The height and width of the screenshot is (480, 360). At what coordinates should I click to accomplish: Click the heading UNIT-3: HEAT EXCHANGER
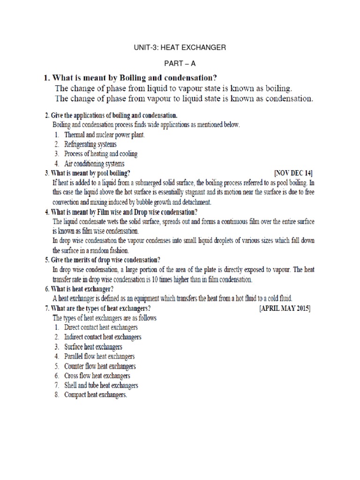tap(180, 47)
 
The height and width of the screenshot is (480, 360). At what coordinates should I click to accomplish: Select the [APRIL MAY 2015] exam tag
tap(285, 308)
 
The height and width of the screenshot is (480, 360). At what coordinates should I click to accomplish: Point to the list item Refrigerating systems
tap(90, 144)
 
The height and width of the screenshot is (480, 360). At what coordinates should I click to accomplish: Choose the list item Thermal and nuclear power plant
tap(105, 135)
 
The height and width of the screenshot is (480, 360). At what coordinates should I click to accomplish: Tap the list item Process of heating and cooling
tap(101, 154)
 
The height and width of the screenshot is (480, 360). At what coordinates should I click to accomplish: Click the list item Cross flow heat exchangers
tap(97, 375)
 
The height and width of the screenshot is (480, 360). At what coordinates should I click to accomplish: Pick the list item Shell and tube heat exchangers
tap(101, 385)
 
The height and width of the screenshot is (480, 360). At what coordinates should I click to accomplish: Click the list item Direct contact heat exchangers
tap(101, 327)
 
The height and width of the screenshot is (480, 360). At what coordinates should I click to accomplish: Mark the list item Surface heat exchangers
tap(93, 346)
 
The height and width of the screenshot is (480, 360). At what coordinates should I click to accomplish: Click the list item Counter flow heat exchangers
tap(100, 366)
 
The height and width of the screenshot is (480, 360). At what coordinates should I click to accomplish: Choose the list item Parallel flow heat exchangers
tap(99, 356)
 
